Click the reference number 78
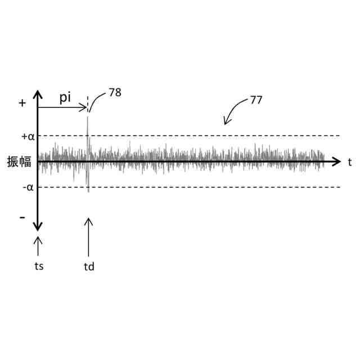pyautogui.click(x=115, y=92)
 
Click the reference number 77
pyautogui.click(x=256, y=101)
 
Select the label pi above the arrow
pyautogui.click(x=66, y=97)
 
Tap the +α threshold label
pyautogui.click(x=28, y=136)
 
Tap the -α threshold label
pyautogui.click(x=28, y=187)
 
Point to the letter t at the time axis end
pyautogui.click(x=349, y=162)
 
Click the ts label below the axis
pyautogui.click(x=38, y=265)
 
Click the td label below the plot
pyautogui.click(x=88, y=266)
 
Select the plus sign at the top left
pyautogui.click(x=22, y=103)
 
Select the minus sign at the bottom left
pyautogui.click(x=22, y=217)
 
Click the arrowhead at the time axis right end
pyautogui.click(x=337, y=162)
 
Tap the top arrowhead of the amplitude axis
pyautogui.click(x=38, y=95)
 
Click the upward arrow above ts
pyautogui.click(x=38, y=246)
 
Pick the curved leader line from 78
pyautogui.click(x=96, y=101)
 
